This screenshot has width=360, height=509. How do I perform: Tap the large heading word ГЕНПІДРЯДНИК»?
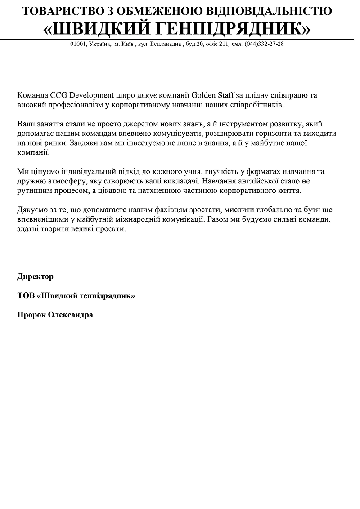pos(234,29)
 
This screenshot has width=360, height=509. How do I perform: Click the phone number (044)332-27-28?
pos(264,44)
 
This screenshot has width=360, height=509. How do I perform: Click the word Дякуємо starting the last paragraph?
pos(33,210)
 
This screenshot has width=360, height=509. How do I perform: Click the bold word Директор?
pos(35,277)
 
